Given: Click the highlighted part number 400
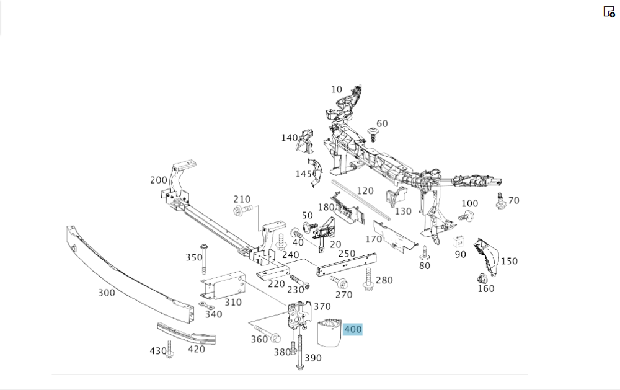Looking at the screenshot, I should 352,330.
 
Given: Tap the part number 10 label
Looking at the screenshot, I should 336,89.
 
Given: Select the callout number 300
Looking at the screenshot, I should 107,292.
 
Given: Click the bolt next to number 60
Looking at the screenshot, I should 373,134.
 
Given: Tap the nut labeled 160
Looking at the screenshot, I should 482,278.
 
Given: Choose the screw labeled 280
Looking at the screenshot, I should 368,280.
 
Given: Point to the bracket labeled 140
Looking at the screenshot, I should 305,141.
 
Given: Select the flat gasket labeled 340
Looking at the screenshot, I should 206,306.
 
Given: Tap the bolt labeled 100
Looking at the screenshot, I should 466,216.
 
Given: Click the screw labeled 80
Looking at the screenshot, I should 425,252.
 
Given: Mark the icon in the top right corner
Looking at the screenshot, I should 609,11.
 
